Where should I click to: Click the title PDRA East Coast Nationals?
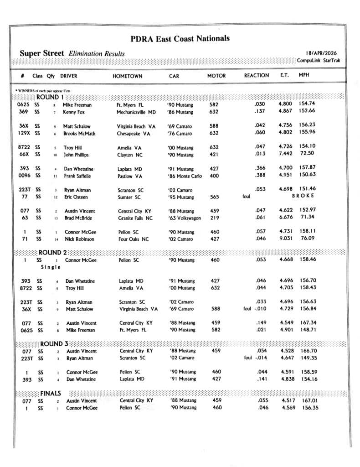180,38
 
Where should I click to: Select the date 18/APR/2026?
324,53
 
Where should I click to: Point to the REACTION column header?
257,75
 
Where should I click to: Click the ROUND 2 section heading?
52,252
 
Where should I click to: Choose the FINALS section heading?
51,393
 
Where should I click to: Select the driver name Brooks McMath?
79,134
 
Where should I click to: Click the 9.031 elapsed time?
286,239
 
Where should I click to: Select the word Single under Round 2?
51,267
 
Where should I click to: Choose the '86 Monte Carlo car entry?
185,176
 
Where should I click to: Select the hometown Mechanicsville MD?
136,112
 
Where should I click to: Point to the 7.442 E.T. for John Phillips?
286,153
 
